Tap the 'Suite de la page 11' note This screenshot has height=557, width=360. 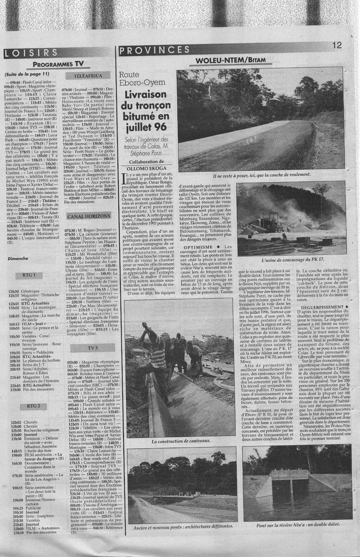27,74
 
